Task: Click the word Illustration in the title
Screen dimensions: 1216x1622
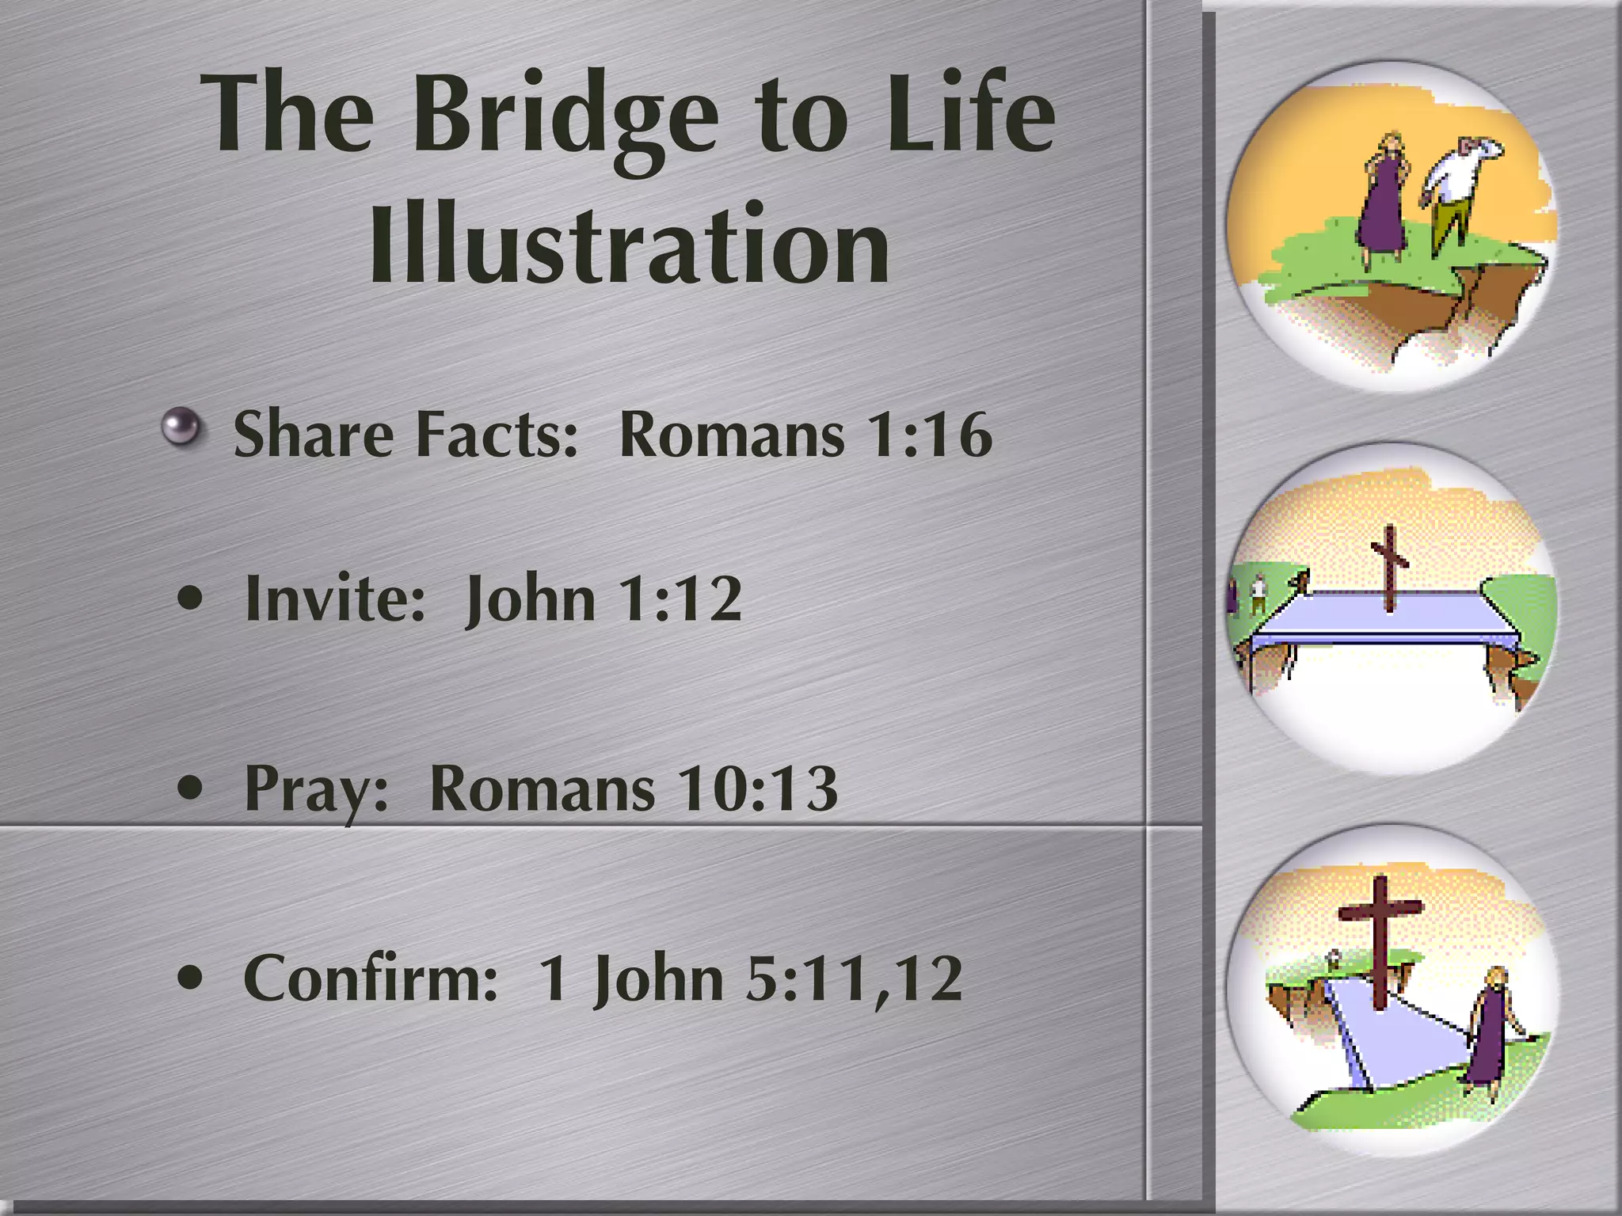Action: pos(629,245)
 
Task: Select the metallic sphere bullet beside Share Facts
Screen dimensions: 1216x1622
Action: pos(182,427)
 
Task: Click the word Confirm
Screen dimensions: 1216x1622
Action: pos(370,978)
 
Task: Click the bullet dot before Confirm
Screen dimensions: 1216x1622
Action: pos(190,978)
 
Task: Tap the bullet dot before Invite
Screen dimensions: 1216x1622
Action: pos(190,598)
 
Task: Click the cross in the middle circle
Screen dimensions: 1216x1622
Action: pos(1389,568)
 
